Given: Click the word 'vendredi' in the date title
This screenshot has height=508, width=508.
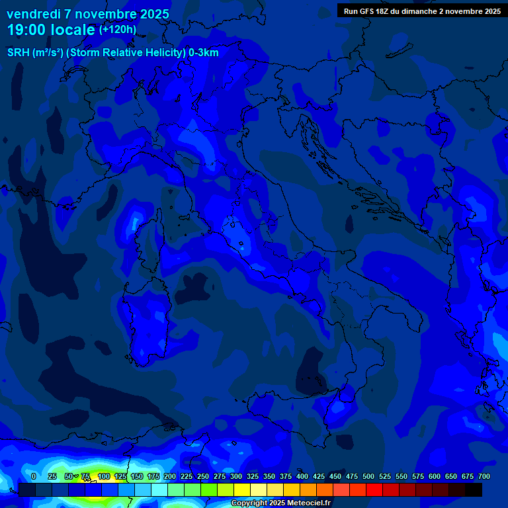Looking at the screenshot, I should pyautogui.click(x=32, y=14).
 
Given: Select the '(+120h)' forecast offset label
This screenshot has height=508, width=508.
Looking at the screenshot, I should pyautogui.click(x=118, y=30).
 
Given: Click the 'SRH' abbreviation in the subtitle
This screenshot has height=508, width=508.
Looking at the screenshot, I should pyautogui.click(x=19, y=53).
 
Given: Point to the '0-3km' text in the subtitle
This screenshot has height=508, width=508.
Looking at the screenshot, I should pyautogui.click(x=203, y=53).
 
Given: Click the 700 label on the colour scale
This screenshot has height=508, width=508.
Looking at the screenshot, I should pyautogui.click(x=484, y=476).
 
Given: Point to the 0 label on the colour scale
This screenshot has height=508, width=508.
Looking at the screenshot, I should pyautogui.click(x=34, y=476).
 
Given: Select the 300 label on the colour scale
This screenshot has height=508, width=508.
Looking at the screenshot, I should pyautogui.click(x=236, y=476).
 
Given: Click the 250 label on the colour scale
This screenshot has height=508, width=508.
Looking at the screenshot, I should pyautogui.click(x=203, y=476).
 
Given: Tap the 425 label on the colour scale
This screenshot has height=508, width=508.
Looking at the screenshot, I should pyautogui.click(x=319, y=476).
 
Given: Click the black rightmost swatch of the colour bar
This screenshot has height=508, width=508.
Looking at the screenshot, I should pyautogui.click(x=474, y=489).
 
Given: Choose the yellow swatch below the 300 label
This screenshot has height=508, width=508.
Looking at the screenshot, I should pyautogui.click(x=242, y=489).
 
